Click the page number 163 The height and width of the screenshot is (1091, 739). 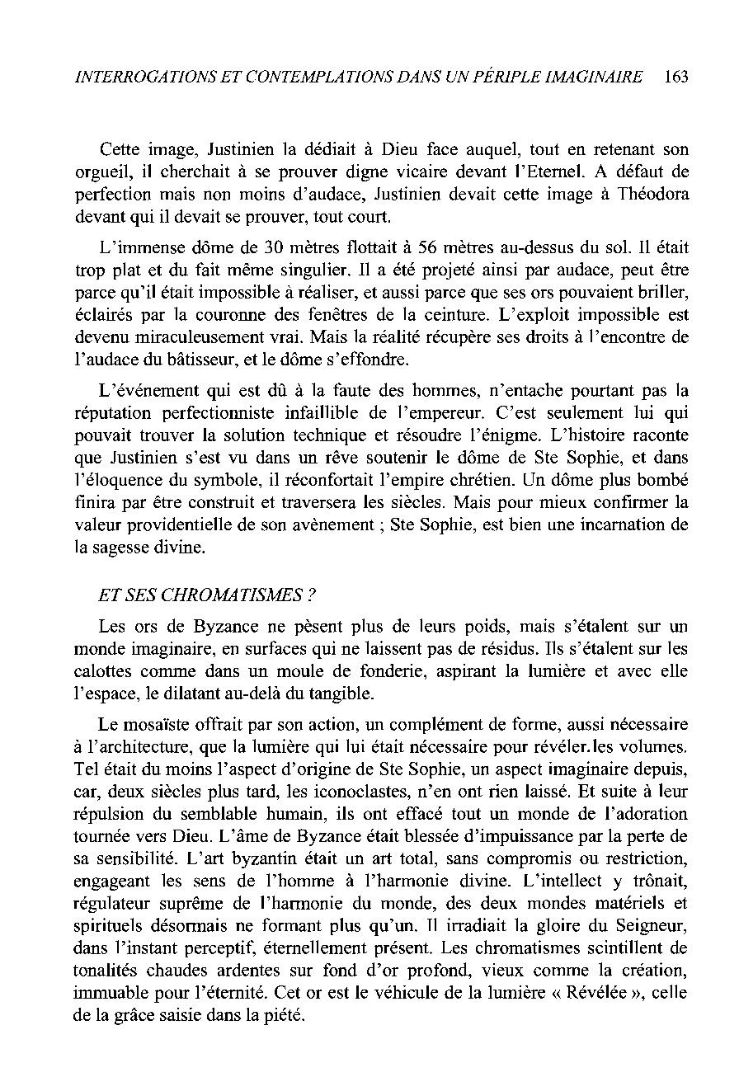(x=674, y=77)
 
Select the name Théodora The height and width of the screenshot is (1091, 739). (x=648, y=194)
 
